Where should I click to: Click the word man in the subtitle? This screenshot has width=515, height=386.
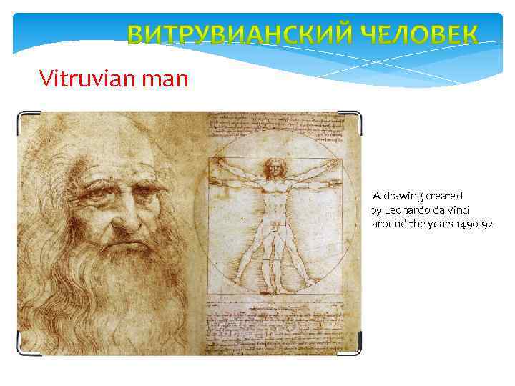point(166,77)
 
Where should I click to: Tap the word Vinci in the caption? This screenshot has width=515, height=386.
point(456,210)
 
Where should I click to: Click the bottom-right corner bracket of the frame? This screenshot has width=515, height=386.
point(357,350)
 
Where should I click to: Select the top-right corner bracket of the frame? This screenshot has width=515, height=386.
point(357,115)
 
